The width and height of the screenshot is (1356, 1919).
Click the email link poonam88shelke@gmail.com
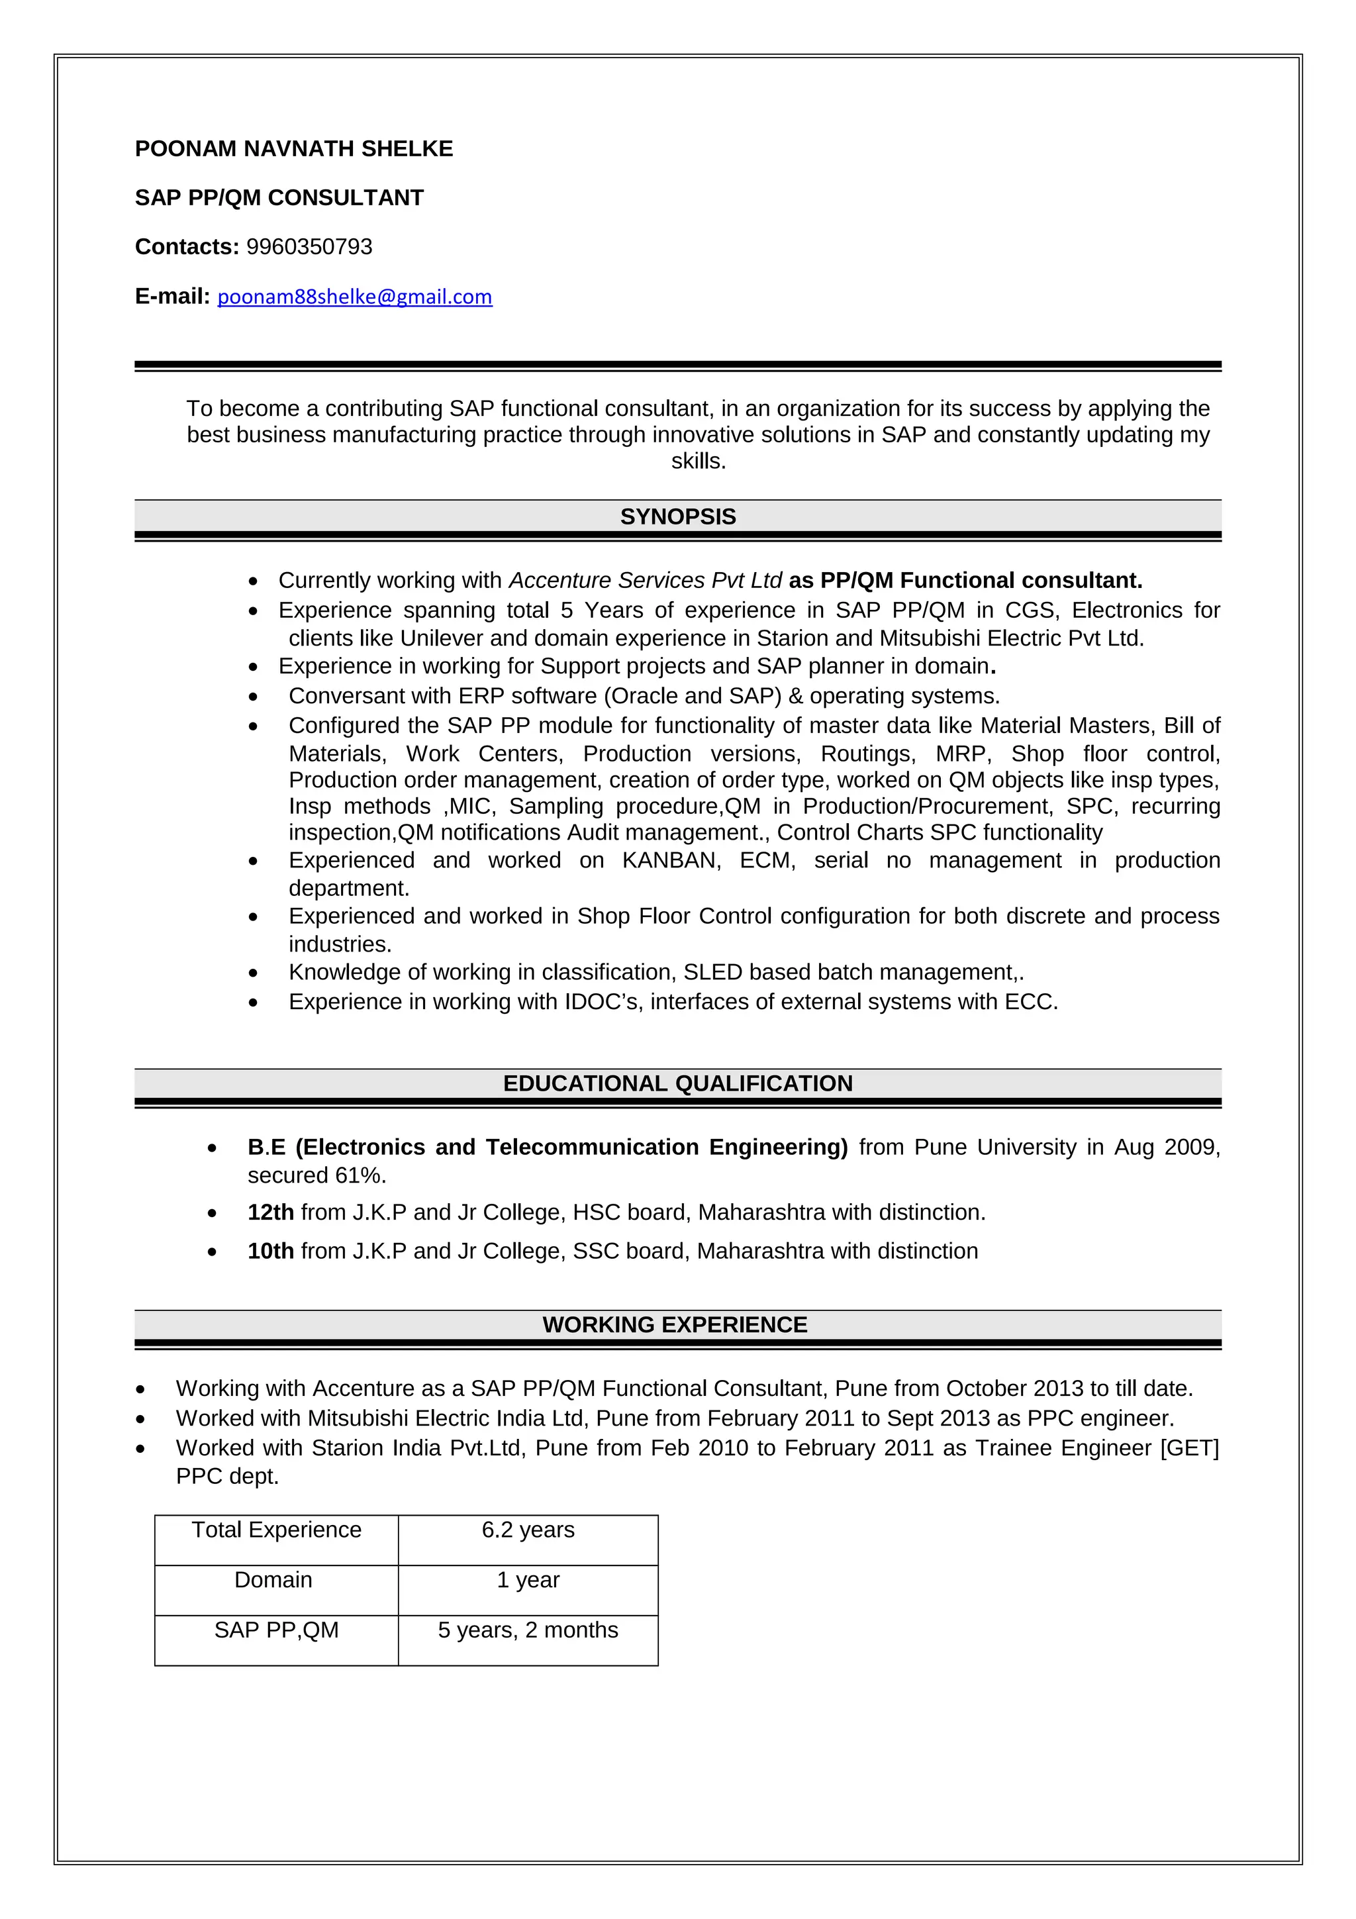354,297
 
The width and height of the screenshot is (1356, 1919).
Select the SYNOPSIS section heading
677,517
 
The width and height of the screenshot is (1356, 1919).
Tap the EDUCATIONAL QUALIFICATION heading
677,1084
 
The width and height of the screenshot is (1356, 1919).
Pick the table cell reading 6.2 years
528,1530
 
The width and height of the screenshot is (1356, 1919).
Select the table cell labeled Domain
273,1581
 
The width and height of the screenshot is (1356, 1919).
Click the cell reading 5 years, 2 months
528,1631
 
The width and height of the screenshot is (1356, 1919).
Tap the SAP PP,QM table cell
277,1631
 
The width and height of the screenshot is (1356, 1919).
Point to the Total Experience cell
277,1530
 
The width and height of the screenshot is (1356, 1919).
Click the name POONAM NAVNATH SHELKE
294,149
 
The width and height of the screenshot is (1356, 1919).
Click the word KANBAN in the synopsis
671,861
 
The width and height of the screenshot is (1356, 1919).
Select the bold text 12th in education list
271,1212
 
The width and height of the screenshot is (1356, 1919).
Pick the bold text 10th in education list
271,1252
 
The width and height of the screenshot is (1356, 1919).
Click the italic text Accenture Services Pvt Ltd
645,581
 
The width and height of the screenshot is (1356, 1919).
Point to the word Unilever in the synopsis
441,638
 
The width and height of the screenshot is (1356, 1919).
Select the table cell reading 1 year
528,1581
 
